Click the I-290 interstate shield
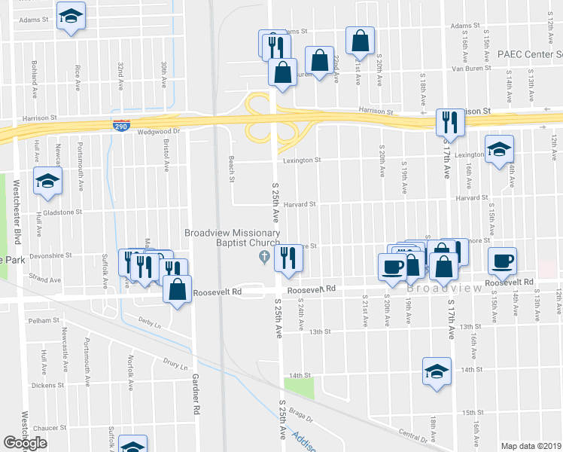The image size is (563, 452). click(120, 127)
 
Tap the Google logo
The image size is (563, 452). click(25, 443)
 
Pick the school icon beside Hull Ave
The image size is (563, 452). click(47, 182)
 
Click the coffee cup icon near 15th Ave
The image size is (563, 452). click(503, 261)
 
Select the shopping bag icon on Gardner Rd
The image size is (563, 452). click(177, 290)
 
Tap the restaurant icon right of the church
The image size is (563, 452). click(288, 258)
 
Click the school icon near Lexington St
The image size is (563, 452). click(499, 149)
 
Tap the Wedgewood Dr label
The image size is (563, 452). click(160, 131)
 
